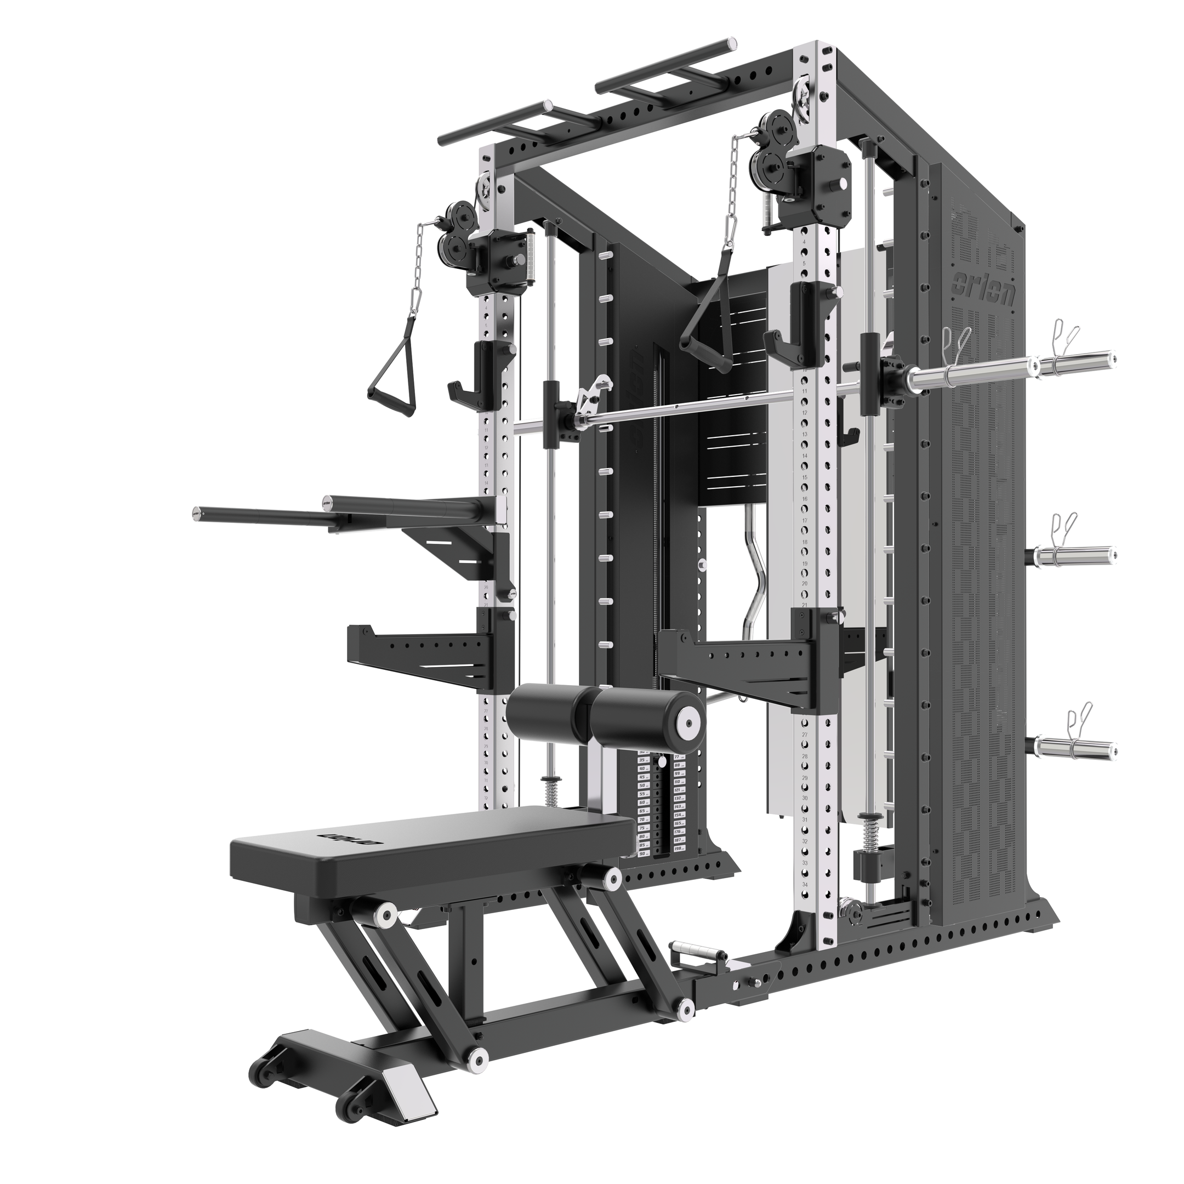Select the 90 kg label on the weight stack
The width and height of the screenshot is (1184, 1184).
(x=644, y=853)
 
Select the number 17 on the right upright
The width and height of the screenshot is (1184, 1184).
(x=805, y=519)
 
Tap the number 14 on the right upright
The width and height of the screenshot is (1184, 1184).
(x=805, y=456)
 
